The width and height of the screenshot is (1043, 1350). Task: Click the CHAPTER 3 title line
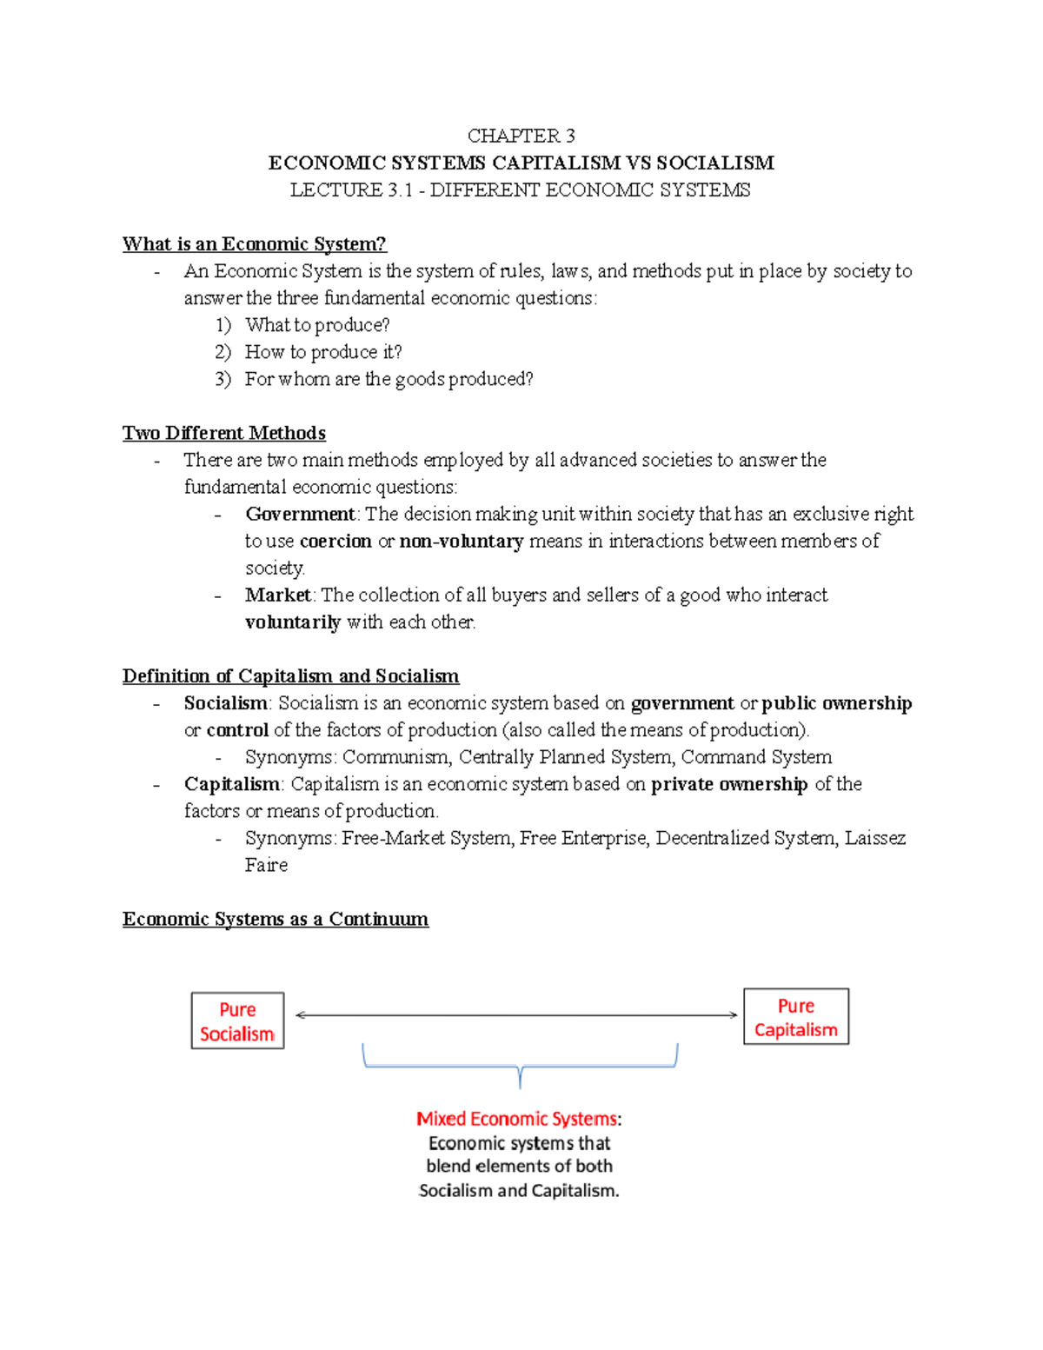pos(521,136)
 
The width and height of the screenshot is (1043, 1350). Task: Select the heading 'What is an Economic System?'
pos(254,244)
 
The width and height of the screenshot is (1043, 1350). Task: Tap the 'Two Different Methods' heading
pos(224,433)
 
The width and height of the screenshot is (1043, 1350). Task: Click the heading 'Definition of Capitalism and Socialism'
pos(290,676)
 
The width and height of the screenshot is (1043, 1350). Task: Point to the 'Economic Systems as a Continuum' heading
pos(275,919)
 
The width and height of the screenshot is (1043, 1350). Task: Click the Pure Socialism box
pos(237,1021)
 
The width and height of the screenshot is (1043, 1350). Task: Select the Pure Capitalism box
pos(795,1016)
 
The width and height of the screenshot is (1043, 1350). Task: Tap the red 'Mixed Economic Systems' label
pos(517,1119)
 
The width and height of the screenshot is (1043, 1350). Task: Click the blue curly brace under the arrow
pos(520,1066)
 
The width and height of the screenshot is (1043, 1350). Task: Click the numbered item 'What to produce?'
pos(317,325)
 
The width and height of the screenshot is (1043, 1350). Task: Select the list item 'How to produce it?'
pos(323,352)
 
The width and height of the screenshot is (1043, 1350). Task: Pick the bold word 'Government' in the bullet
pos(300,514)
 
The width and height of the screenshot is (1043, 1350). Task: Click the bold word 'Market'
pos(277,595)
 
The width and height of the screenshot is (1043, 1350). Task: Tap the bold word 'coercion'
pos(335,541)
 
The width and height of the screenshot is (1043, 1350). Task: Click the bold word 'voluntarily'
pos(293,622)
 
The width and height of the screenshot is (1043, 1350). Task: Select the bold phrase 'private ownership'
pos(729,784)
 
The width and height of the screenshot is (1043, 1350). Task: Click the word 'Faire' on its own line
pos(266,865)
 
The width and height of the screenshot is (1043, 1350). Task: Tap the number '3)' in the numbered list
pos(223,379)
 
